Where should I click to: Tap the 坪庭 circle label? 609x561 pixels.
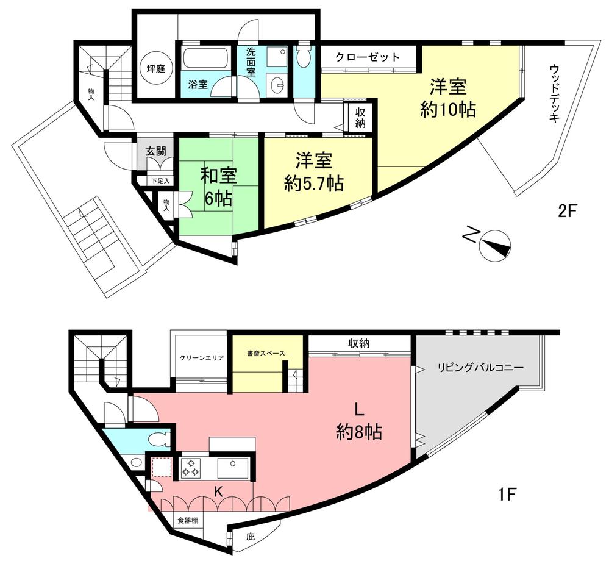point(156,68)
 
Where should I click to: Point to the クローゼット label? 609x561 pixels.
point(368,57)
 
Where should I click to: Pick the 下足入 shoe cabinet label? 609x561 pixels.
point(161,180)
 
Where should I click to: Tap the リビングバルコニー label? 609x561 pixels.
point(480,368)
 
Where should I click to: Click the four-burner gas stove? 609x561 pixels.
point(191,468)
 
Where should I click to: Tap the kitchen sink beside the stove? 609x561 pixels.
point(232,468)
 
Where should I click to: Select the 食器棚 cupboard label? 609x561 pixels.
point(188,521)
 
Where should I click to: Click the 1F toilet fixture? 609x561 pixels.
point(157,439)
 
